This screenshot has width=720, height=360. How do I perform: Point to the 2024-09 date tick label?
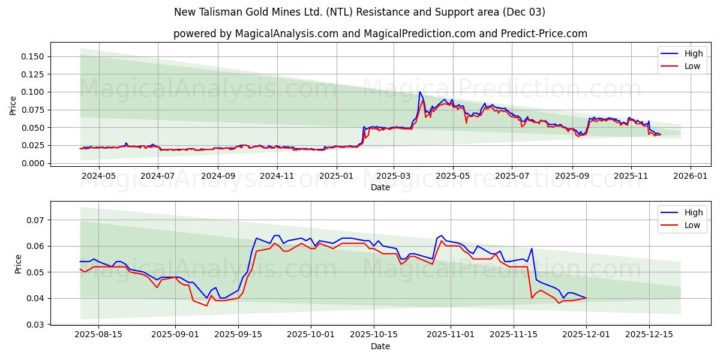[x=217, y=176]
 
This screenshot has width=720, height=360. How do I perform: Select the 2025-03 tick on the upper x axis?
[x=394, y=176]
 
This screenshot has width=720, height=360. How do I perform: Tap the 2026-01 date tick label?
[x=690, y=176]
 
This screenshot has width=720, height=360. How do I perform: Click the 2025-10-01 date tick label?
[x=311, y=335]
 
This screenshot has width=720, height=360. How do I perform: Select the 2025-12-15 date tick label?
[x=649, y=335]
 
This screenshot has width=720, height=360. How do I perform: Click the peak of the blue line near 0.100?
[x=420, y=92]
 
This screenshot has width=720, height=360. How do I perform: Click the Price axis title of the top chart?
[x=13, y=106]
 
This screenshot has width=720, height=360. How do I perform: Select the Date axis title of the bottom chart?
[x=380, y=346]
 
